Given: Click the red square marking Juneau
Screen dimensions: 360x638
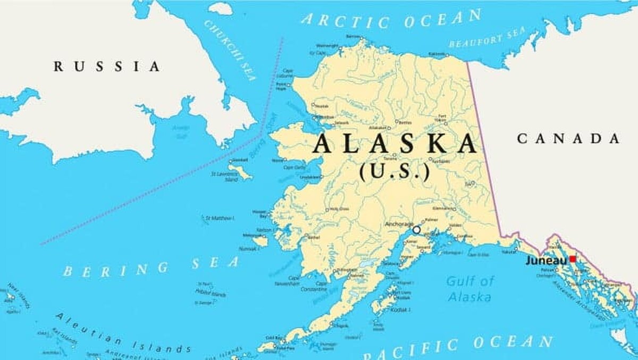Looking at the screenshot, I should pos(573,259).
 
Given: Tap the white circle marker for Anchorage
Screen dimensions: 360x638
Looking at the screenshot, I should pos(416,230).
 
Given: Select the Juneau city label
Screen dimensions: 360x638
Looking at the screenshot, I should pos(546,261).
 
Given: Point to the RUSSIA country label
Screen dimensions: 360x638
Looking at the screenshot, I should pos(107,66).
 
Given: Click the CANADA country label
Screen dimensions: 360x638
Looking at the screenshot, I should pos(568,139).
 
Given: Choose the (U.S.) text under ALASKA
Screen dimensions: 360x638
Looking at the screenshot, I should pos(394,171).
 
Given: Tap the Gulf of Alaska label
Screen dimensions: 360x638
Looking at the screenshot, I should pos(469,289).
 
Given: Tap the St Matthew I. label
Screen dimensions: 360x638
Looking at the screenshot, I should pos(220,218).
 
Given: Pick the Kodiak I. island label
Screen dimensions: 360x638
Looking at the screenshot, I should pos(400,309).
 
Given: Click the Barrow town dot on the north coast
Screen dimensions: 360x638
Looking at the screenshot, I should pos(362,38).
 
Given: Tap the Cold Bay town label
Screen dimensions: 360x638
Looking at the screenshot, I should pos(274,338).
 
